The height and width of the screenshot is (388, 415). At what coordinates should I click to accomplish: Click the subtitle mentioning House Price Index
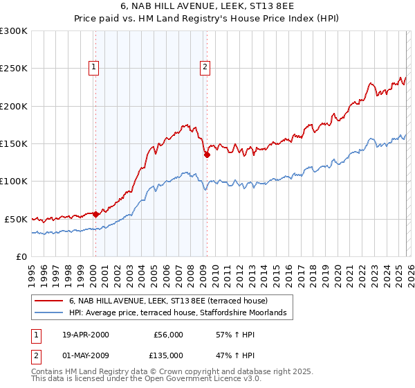pos(207,19)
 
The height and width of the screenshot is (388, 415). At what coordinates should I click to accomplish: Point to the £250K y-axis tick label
pos(14,69)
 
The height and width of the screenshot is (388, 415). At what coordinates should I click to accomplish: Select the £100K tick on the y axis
pos(14,181)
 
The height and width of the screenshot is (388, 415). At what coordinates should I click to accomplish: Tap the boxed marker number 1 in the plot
pos(94,67)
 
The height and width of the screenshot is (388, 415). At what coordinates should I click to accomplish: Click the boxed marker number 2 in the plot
pos(205,67)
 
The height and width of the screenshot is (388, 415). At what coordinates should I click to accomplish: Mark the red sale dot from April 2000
pos(95,214)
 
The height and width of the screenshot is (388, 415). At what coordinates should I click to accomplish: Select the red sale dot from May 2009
pos(206,155)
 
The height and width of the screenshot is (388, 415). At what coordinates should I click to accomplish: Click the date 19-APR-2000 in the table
pos(85,335)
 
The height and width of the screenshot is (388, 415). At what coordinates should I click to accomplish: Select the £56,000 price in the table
pos(168,335)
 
